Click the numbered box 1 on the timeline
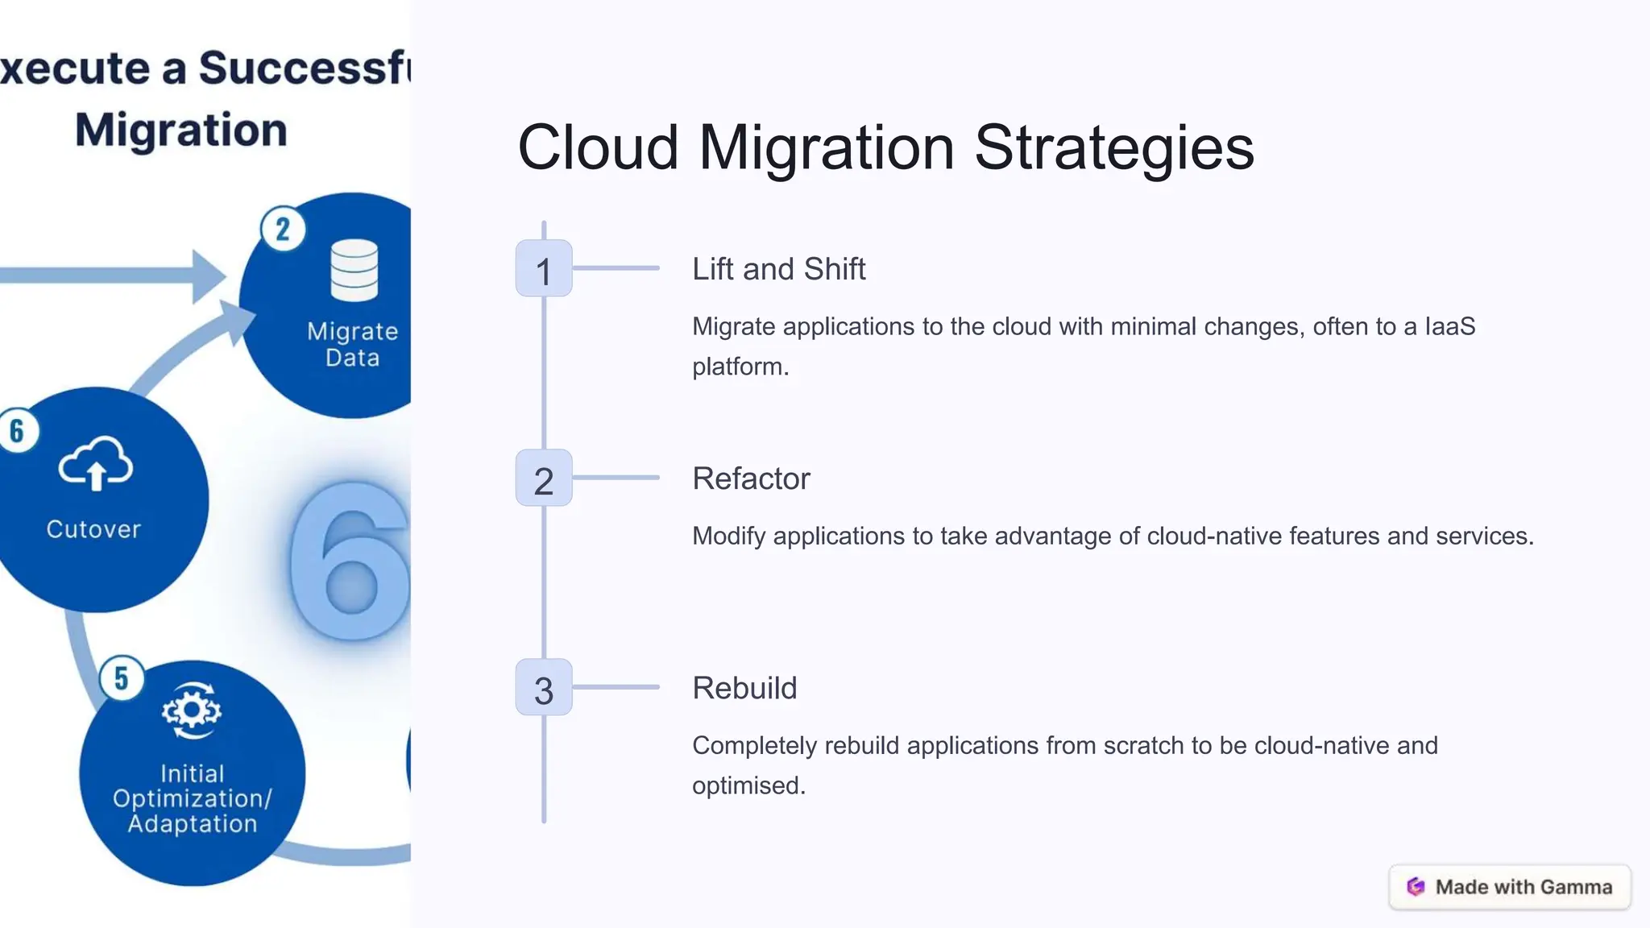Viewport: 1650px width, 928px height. click(x=544, y=268)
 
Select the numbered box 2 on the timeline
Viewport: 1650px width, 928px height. click(x=544, y=478)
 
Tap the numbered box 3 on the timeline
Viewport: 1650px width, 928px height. click(x=544, y=687)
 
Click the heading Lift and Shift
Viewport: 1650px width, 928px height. click(x=778, y=269)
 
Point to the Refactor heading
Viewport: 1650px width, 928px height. click(x=751, y=478)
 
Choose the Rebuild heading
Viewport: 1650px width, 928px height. click(x=744, y=688)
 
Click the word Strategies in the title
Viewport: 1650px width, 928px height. click(x=1114, y=148)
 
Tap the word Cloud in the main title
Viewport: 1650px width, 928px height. click(x=598, y=148)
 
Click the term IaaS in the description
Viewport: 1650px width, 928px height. click(x=1450, y=326)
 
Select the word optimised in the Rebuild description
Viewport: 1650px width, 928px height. click(x=748, y=785)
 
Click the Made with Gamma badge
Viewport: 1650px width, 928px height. click(x=1510, y=887)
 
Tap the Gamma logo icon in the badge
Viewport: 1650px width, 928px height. click(x=1416, y=887)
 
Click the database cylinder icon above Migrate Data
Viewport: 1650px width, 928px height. click(x=354, y=270)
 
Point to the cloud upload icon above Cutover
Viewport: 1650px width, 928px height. click(x=96, y=464)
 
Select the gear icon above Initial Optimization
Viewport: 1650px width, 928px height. click(x=191, y=710)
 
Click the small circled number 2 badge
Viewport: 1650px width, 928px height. click(x=283, y=230)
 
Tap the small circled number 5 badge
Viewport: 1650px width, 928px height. click(x=121, y=678)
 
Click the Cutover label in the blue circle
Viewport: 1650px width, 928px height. click(x=93, y=529)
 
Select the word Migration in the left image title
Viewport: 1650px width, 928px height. click(x=181, y=130)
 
